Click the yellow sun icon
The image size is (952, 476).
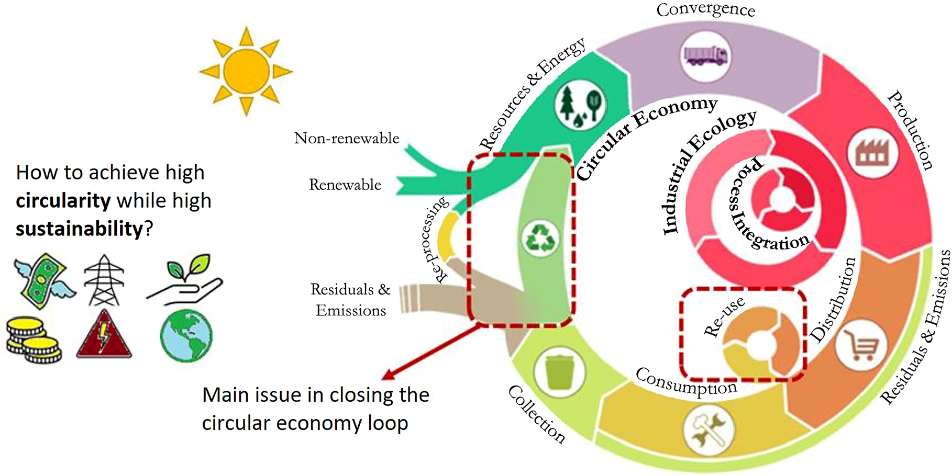point(246,71)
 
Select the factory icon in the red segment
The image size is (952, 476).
point(873,153)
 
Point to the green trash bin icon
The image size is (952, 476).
point(559,372)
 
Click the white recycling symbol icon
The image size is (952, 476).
point(541,239)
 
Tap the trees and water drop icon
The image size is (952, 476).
point(580,106)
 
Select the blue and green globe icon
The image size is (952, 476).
point(186,335)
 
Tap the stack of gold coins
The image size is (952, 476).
point(33,340)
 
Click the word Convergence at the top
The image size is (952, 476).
point(705,10)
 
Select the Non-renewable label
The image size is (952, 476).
point(347,138)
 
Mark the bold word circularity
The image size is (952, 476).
point(63,200)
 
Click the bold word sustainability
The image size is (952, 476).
point(79,229)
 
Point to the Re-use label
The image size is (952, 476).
point(725,317)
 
